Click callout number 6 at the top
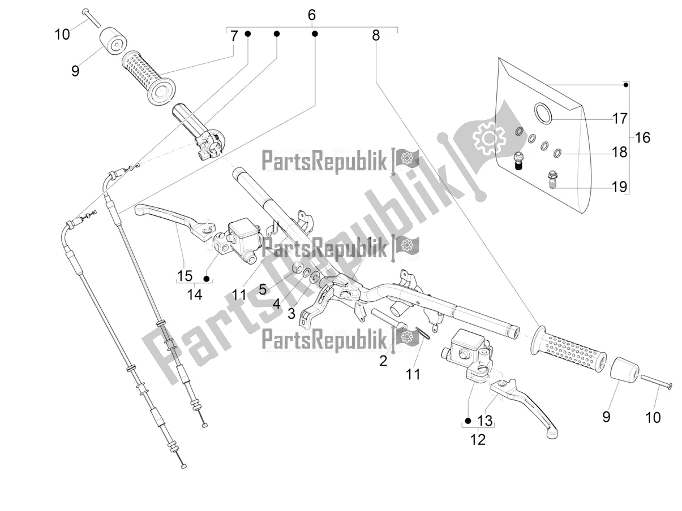311,14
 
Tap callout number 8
376,36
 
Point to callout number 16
643,137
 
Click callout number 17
620,119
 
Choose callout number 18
620,152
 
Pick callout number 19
620,187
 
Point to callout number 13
486,421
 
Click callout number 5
263,289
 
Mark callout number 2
383,361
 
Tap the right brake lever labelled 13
526,402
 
